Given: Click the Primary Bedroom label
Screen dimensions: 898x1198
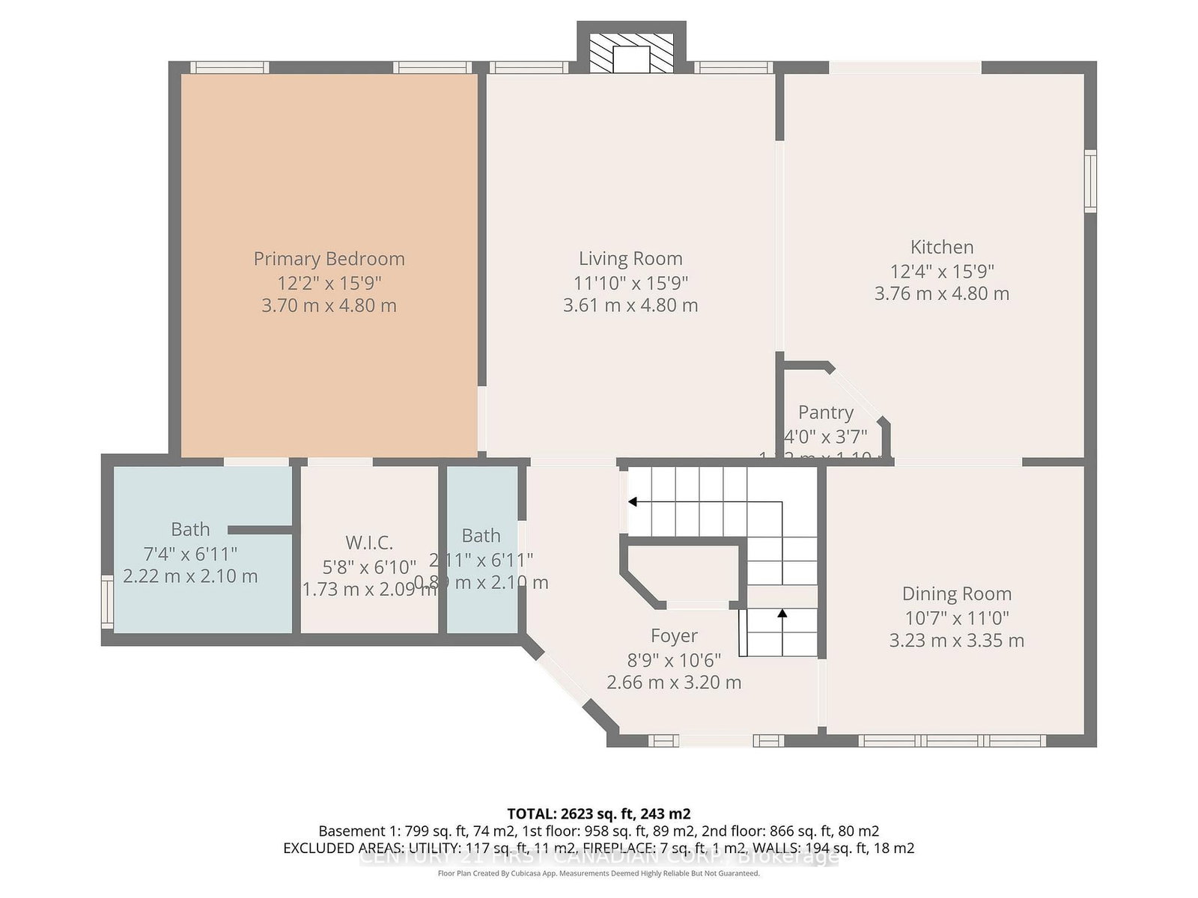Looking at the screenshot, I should click(x=329, y=259).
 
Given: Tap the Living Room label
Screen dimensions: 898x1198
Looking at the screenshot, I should click(x=630, y=259).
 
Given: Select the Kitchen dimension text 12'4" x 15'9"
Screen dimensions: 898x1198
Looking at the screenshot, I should click(x=942, y=272).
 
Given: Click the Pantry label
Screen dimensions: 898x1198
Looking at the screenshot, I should click(x=826, y=412).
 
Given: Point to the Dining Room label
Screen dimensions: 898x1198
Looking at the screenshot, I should click(x=956, y=593).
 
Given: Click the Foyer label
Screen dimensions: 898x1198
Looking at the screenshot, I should click(x=674, y=635).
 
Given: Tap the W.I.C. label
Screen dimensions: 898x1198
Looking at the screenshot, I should click(x=369, y=543).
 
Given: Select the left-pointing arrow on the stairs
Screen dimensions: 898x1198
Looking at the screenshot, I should click(x=633, y=501).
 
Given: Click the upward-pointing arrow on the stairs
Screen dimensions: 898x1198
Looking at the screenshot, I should click(x=782, y=614).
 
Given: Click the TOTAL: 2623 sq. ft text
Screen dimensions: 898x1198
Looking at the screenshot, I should click(x=598, y=813).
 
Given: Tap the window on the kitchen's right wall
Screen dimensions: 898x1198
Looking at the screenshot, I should click(x=1090, y=180).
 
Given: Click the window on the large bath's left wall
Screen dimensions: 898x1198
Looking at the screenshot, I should click(x=108, y=603).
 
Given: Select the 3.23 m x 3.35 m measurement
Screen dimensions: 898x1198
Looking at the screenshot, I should click(x=956, y=641).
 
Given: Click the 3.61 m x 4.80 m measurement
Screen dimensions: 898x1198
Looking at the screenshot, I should click(x=630, y=305).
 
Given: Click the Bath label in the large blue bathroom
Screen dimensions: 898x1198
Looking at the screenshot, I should click(x=190, y=529).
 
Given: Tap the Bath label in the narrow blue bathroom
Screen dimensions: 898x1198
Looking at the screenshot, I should click(x=481, y=536).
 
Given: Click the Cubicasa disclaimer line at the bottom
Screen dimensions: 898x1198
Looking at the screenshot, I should click(x=598, y=873).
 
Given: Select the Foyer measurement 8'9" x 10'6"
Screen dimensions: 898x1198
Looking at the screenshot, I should click(x=674, y=660).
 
